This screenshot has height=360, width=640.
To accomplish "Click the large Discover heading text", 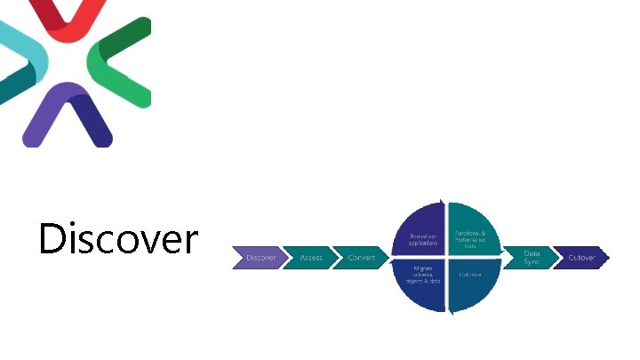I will (x=118, y=238).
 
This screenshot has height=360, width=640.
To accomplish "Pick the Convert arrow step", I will (x=361, y=258).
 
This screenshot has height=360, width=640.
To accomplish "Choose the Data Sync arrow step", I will (x=532, y=258).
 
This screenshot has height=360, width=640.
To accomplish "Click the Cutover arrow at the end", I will (x=582, y=258).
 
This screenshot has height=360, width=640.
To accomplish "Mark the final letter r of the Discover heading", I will (x=191, y=242).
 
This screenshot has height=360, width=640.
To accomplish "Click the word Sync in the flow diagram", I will (x=532, y=263).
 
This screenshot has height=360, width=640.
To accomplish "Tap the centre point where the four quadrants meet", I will (x=445, y=258).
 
